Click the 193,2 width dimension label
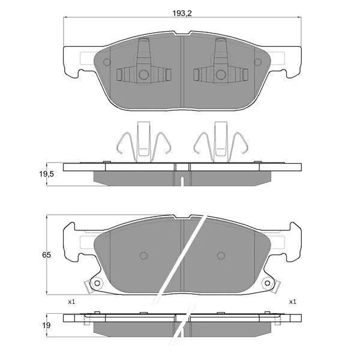click(x=182, y=14)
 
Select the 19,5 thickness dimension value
click(x=46, y=174)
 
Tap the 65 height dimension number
click(x=46, y=255)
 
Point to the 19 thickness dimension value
click(x=46, y=325)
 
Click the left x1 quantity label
click(x=71, y=302)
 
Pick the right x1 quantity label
click(x=293, y=302)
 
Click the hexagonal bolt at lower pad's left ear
click(x=97, y=283)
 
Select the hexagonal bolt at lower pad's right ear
click(x=267, y=283)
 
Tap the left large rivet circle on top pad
click(x=144, y=74)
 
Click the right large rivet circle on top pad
click(x=221, y=74)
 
